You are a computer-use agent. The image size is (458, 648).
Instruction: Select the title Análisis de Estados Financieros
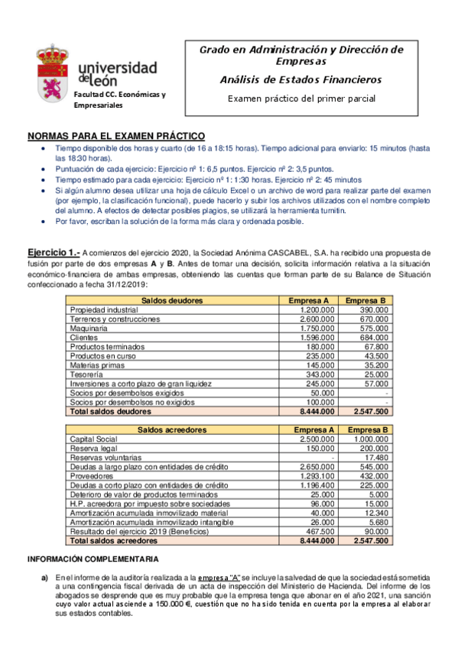[x=300, y=79]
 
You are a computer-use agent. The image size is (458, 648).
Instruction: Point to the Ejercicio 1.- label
[x=53, y=252]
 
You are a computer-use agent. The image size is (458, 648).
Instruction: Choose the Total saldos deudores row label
[x=111, y=411]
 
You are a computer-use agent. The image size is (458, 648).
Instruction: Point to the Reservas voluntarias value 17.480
[x=375, y=458]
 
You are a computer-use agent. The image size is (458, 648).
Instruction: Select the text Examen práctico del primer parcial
[x=301, y=99]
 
